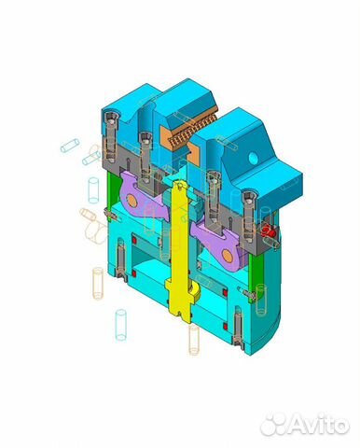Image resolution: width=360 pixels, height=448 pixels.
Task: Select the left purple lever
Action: [140, 197]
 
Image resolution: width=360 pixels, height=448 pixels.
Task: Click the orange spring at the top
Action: [193, 125]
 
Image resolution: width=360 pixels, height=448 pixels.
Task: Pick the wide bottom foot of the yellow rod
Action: [182, 301]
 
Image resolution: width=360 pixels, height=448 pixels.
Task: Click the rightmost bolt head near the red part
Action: [249, 197]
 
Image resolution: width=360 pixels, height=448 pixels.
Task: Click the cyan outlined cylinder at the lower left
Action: [119, 324]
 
